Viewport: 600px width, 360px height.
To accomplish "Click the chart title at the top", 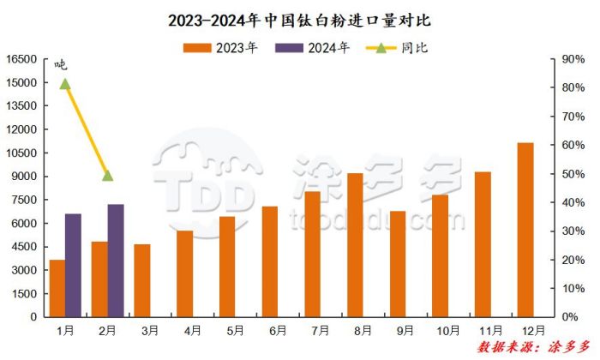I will (299, 18).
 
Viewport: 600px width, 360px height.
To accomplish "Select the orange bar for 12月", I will (525, 230).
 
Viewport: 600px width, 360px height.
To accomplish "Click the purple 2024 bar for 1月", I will (74, 265).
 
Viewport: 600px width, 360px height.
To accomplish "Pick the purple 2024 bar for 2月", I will (116, 261).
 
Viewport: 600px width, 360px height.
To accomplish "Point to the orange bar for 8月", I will (356, 245).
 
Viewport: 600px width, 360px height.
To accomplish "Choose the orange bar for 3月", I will (142, 280).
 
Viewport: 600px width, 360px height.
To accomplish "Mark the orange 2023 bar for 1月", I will (57, 288).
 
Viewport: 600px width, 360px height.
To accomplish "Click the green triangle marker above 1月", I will (65, 83).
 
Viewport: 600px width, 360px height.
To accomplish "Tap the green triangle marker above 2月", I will (108, 176).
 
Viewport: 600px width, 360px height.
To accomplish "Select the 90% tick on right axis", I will (573, 59).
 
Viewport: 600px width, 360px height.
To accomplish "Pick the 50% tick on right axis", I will (573, 174).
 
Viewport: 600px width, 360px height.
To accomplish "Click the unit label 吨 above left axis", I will (60, 64).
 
